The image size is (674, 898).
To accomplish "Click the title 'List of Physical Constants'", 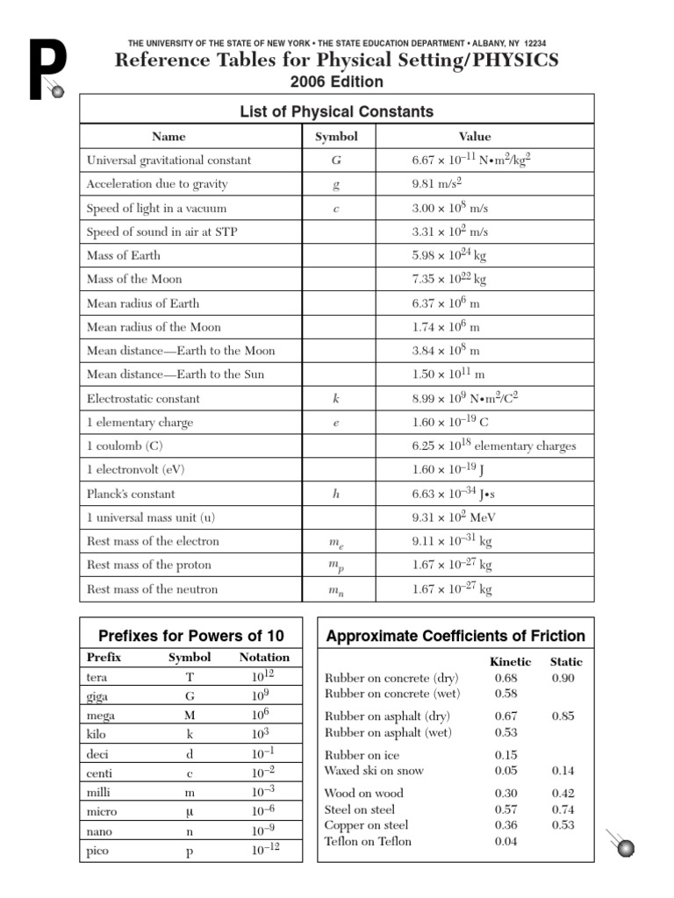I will (x=337, y=111).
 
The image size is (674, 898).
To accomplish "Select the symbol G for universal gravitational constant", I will (x=336, y=160).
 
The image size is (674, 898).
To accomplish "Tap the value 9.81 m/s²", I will (x=437, y=183).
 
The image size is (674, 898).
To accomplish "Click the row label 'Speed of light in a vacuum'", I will (x=156, y=208).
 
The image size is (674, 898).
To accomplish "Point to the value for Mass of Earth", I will (x=449, y=255).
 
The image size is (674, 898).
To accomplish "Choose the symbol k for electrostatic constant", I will (x=336, y=398).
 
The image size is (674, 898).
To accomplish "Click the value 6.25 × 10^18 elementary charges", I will (x=494, y=445).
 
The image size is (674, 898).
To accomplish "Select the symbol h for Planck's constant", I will (x=336, y=494).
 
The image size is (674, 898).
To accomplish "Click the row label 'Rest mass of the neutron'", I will (x=153, y=589).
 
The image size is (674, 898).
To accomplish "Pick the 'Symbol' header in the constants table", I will (x=336, y=137).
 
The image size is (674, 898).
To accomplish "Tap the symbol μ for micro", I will (x=190, y=811).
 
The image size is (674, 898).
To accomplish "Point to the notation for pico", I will (x=264, y=849).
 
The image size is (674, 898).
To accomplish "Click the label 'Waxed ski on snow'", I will (x=374, y=771).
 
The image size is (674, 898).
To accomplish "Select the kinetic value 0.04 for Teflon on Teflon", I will (x=506, y=841).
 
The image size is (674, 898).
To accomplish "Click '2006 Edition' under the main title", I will (x=337, y=82).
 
